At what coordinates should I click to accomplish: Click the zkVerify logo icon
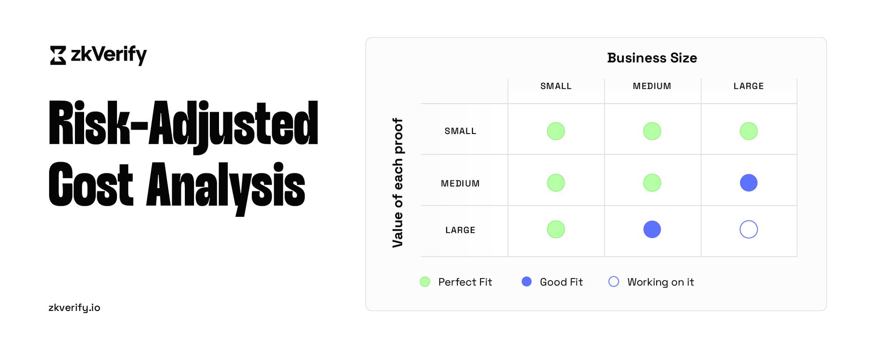coord(58,55)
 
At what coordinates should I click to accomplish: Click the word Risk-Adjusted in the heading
coord(183,124)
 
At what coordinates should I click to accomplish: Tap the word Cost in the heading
coord(91,184)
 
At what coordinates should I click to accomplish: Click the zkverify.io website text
coord(74,307)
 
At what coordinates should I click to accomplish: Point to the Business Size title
coord(652,58)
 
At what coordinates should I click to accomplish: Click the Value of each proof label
coord(397,183)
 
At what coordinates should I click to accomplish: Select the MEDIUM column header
coord(652,86)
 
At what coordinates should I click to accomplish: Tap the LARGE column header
coord(749,86)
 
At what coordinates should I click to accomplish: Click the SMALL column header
coord(556,86)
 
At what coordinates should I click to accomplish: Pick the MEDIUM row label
coord(460,184)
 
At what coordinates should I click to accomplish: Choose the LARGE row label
coord(460,230)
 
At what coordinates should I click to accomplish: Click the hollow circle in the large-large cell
coord(749,229)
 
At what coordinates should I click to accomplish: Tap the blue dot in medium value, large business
coord(749,183)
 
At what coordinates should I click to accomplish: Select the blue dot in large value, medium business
coord(652,229)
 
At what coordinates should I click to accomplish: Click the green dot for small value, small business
coord(556,131)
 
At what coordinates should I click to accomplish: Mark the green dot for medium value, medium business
coord(652,183)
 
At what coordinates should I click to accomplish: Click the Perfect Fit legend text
coord(465,282)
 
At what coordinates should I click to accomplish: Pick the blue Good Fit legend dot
coord(526,282)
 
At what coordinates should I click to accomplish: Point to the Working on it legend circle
coord(614,282)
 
